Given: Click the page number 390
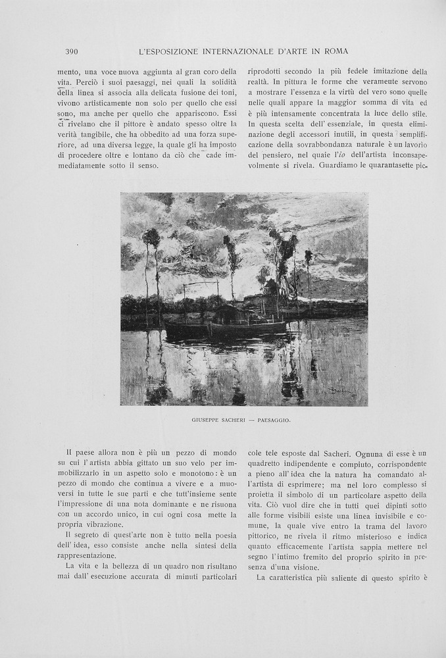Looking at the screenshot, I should [x=72, y=51].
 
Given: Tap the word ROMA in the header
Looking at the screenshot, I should [x=335, y=51].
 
